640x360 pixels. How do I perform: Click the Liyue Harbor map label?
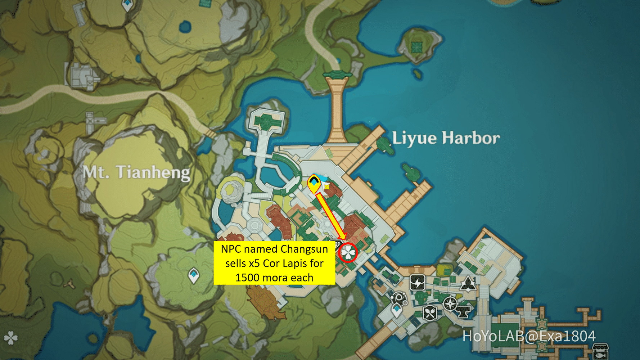446,138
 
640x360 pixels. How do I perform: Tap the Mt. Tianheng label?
136,172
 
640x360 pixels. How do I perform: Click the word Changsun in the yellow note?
304,249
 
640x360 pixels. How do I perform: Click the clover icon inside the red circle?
348,253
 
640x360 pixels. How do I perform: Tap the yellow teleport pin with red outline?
314,184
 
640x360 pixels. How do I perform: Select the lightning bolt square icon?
418,283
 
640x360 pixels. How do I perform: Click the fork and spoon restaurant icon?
430,313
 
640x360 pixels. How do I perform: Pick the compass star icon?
450,304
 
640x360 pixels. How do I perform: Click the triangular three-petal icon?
468,284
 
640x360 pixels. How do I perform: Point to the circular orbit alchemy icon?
398,298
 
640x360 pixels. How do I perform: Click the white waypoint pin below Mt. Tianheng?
194,275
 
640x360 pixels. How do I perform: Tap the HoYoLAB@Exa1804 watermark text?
529,336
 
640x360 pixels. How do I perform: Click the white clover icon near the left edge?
10,338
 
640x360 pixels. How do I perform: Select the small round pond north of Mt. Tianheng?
185,26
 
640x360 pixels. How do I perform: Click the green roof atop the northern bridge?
337,75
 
